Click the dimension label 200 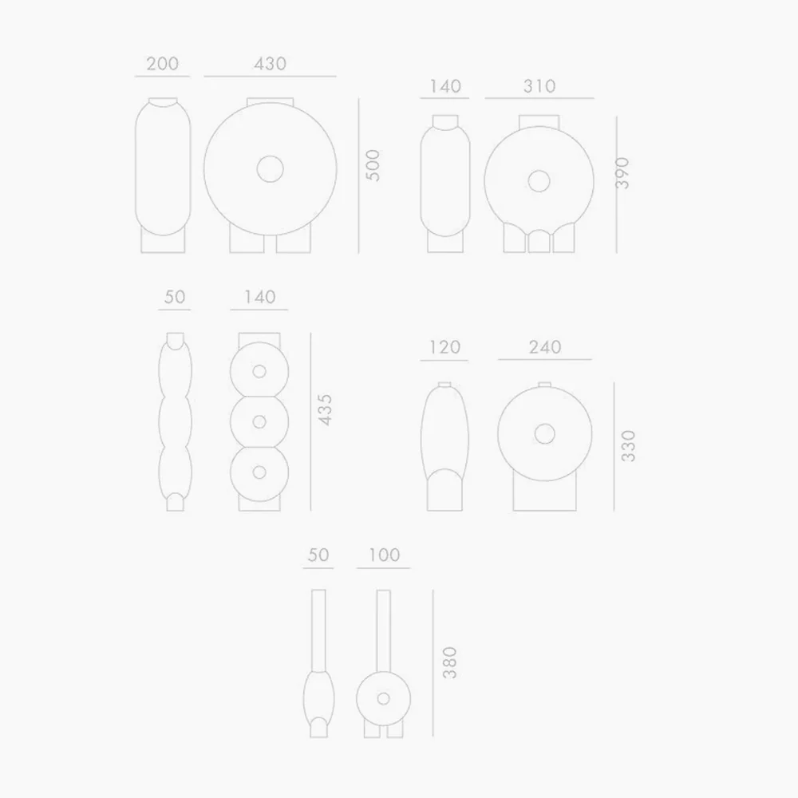[x=162, y=64]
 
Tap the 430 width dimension [x=271, y=64]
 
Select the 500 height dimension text [x=373, y=165]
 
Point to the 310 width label [x=539, y=86]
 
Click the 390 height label [x=622, y=173]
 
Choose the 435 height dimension [x=324, y=409]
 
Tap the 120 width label [x=444, y=347]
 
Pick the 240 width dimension [x=545, y=347]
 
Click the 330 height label [x=629, y=446]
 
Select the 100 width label [x=385, y=555]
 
